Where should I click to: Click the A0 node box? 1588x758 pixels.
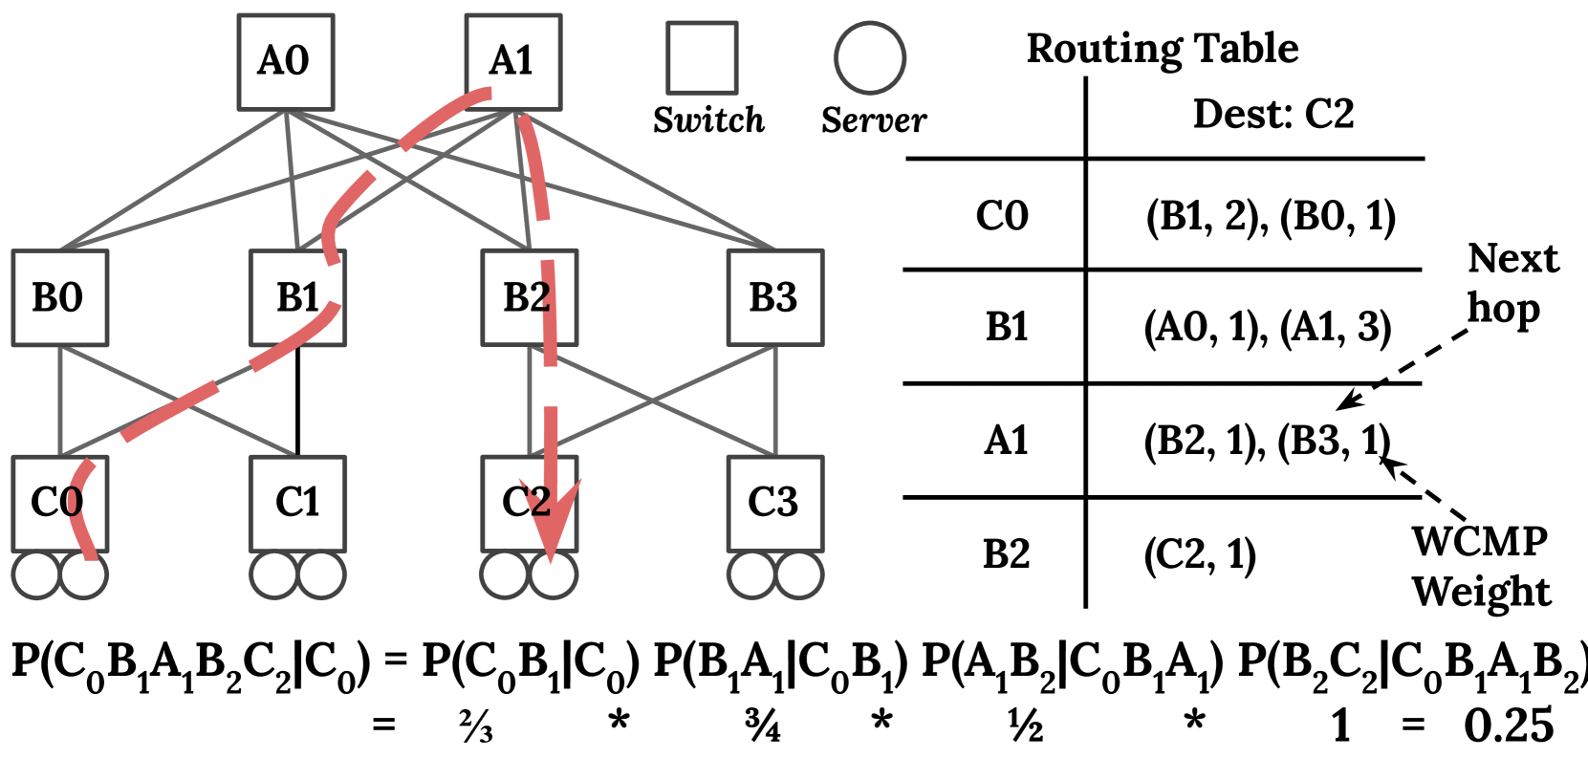[285, 62]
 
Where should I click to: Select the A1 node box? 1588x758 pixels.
[512, 62]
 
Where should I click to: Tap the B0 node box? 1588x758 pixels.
[59, 298]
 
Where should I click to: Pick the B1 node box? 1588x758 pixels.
[297, 298]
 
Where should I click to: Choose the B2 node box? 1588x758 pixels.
[529, 298]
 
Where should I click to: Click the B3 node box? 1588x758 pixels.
[774, 298]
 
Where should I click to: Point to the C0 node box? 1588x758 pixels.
[59, 504]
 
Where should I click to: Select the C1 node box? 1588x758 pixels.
[297, 504]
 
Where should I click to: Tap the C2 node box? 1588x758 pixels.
[529, 504]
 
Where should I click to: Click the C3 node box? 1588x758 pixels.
[774, 504]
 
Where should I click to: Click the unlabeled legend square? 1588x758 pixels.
[702, 58]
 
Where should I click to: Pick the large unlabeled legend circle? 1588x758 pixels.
[869, 58]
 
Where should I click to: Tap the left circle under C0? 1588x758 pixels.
[37, 575]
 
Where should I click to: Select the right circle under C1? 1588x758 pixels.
[321, 575]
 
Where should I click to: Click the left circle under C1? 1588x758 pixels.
[274, 575]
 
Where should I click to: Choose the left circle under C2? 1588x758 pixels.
[505, 575]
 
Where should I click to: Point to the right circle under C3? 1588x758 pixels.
[798, 575]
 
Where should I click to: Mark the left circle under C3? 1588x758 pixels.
[751, 575]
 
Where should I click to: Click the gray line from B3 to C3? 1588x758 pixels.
[774, 401]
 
